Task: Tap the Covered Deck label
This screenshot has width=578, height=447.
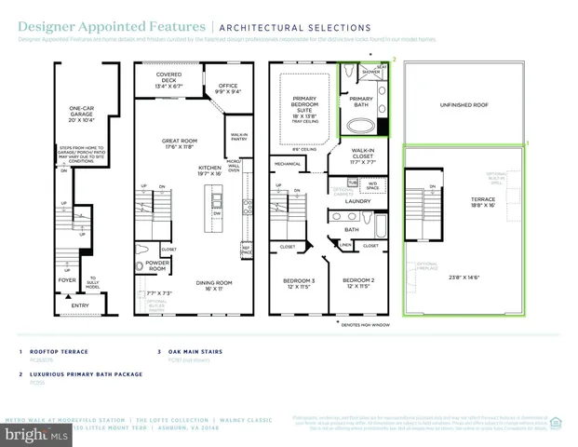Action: (168, 79)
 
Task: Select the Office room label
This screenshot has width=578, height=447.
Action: (228, 88)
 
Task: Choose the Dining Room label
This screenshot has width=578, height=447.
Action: (214, 286)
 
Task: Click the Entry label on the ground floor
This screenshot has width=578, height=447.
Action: (79, 304)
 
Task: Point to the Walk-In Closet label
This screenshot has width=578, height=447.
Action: (363, 156)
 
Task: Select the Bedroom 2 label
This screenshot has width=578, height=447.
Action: (357, 283)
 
